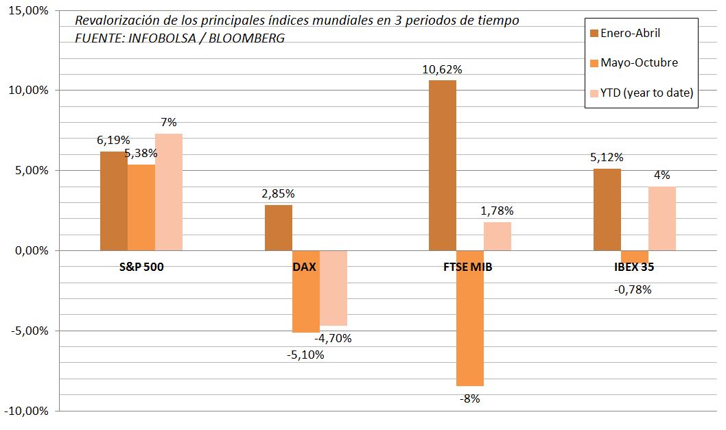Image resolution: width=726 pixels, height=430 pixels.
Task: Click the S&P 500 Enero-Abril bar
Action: click(x=114, y=200)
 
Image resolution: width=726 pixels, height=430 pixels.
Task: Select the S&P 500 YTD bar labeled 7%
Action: click(x=169, y=192)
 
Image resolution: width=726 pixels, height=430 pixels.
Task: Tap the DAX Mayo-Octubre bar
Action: click(x=306, y=291)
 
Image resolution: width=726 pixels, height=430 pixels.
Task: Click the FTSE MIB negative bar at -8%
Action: click(x=470, y=318)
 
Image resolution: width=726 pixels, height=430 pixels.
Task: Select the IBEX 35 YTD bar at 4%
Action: click(x=662, y=218)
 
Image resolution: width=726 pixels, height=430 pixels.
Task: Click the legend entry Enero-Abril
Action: click(x=630, y=33)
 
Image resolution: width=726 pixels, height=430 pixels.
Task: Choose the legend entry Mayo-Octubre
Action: click(x=638, y=63)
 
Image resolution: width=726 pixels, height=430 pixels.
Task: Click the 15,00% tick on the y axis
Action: click(x=27, y=11)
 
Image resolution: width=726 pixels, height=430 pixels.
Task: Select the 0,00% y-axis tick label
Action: click(x=30, y=251)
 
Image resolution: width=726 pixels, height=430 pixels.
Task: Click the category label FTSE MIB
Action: click(x=469, y=267)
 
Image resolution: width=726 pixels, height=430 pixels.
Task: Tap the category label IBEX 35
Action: click(x=634, y=267)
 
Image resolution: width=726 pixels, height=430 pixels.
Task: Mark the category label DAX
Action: click(x=304, y=267)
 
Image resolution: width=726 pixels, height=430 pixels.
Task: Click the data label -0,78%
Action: click(x=632, y=289)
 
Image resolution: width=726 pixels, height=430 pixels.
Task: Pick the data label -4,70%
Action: click(x=333, y=338)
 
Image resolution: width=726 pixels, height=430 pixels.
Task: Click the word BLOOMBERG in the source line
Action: click(x=248, y=38)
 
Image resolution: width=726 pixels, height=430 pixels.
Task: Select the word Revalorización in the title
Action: click(x=110, y=20)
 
